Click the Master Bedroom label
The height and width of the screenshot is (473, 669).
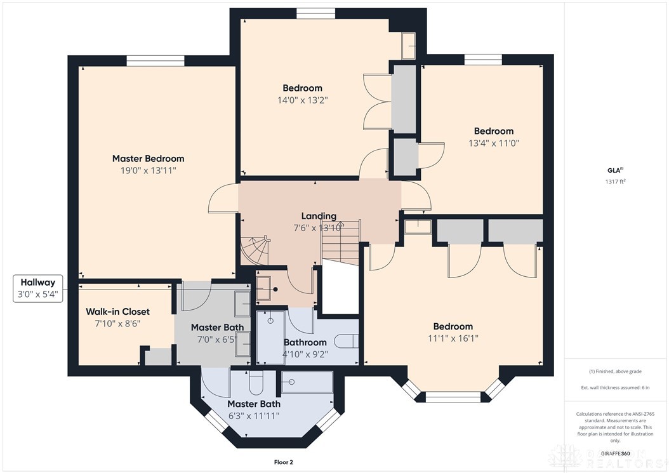point(148,159)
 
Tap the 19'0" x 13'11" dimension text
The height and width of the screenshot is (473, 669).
point(148,170)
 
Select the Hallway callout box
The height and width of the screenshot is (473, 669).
point(38,288)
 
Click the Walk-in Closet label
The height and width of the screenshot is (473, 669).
point(117,312)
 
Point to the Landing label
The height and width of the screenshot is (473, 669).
point(319,216)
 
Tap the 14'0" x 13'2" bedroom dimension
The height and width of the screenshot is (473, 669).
point(302,100)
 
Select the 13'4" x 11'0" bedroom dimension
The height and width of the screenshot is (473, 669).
point(493,143)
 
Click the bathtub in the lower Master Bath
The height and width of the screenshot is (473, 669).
point(307,382)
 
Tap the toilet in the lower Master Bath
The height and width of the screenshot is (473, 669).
point(256,383)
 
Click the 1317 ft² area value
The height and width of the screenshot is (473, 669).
point(615,182)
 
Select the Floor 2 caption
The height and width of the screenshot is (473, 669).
point(283,462)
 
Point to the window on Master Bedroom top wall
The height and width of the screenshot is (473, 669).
point(155,60)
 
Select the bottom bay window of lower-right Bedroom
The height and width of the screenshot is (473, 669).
point(451,397)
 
